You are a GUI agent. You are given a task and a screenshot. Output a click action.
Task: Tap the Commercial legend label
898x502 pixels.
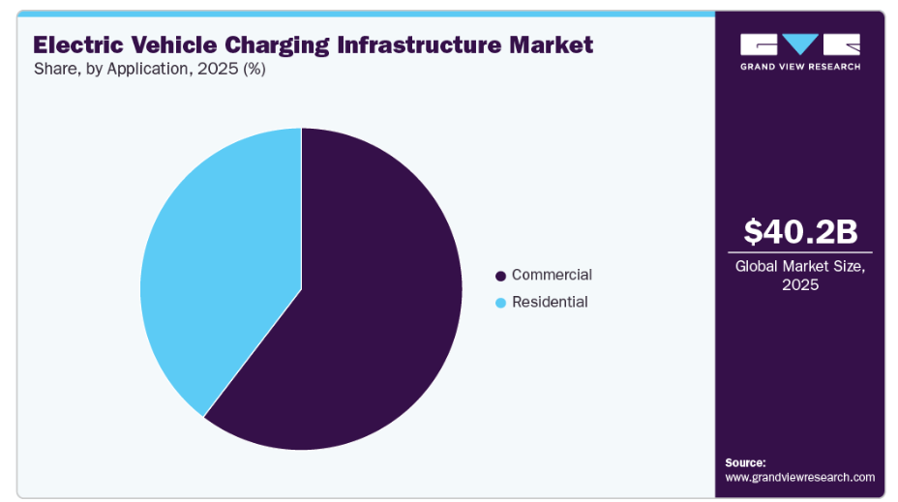tap(552, 275)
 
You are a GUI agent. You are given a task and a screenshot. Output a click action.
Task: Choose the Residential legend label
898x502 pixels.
tap(550, 302)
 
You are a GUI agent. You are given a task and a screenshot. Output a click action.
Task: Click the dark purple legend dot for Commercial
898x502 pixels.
tap(500, 276)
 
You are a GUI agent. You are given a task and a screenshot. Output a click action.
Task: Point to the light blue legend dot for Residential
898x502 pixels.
tap(500, 303)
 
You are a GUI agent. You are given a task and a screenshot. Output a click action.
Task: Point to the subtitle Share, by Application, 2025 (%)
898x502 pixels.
tap(149, 70)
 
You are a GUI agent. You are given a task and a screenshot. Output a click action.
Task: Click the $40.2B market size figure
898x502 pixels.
tap(799, 232)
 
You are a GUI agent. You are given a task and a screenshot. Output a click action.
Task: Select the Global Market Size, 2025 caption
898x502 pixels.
tap(799, 275)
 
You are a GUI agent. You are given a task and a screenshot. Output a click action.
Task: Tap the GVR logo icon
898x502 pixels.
tap(799, 44)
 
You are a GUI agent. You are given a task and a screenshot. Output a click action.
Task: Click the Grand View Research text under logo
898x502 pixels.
tap(799, 66)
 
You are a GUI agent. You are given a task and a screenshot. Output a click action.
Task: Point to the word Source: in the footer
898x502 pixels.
tap(745, 462)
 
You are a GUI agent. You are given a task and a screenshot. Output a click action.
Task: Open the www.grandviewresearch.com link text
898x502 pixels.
tap(799, 477)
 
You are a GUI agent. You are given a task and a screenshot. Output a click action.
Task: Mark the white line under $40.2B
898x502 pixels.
tap(799, 252)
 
